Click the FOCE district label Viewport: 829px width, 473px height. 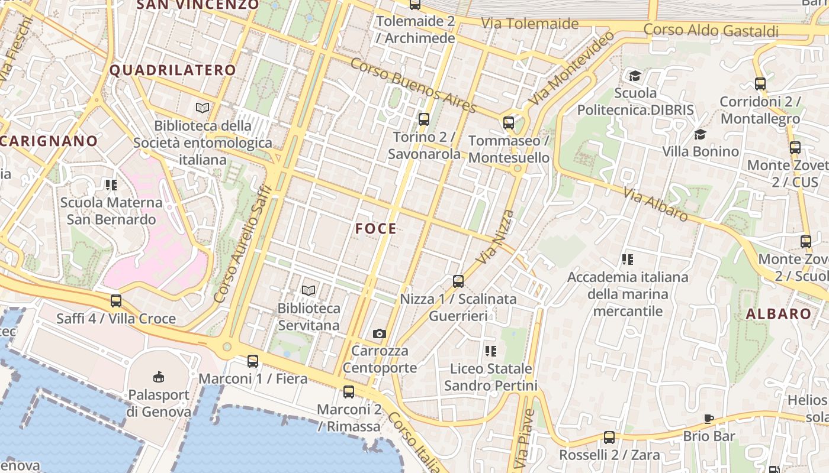(x=376, y=229)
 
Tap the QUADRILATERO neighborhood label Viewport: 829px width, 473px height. (x=173, y=70)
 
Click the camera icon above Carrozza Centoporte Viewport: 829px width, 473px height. (x=380, y=334)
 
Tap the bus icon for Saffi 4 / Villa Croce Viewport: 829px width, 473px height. (x=116, y=301)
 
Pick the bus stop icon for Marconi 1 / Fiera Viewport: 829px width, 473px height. (x=253, y=361)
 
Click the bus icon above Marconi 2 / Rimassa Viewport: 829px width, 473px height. (x=349, y=391)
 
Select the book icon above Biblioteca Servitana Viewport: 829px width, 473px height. (x=309, y=290)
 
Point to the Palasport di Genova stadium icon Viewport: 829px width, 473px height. (x=159, y=377)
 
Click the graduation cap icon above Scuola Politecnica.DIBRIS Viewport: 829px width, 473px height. (x=635, y=75)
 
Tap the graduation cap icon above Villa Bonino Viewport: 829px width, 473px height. (x=701, y=134)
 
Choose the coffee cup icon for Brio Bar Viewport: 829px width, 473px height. (x=709, y=419)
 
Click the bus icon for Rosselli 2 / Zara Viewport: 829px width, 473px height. (x=609, y=438)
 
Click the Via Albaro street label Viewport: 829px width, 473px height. (x=656, y=204)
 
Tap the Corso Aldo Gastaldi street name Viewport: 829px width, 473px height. (x=711, y=30)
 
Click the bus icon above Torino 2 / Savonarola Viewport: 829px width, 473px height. (x=424, y=119)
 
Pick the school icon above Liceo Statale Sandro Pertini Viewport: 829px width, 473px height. (x=490, y=351)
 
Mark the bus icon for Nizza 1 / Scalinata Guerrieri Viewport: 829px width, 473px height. (x=458, y=281)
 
